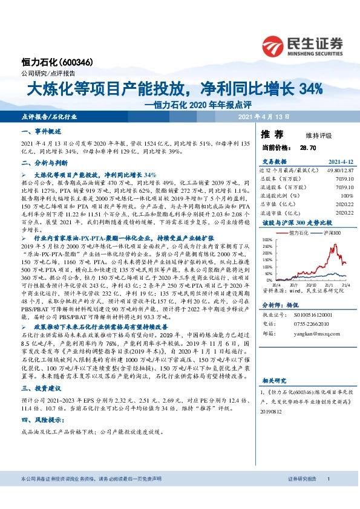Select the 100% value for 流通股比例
coord(347,196)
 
